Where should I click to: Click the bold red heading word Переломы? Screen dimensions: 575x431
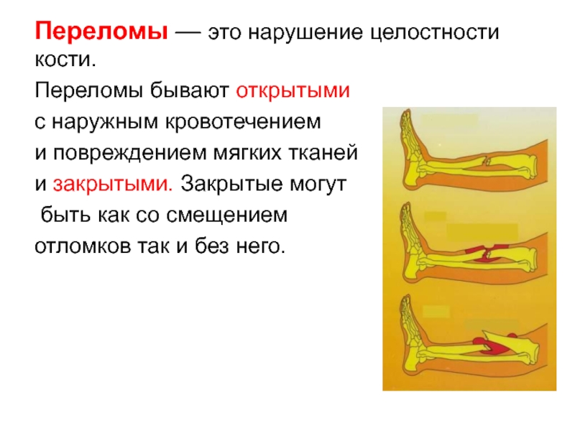[101, 32]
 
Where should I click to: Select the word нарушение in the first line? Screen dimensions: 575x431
[306, 33]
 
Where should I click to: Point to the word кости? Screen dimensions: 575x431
[65, 60]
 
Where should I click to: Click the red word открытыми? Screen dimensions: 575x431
[293, 91]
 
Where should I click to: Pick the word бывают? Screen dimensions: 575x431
[189, 91]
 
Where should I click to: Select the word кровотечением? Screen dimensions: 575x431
[243, 122]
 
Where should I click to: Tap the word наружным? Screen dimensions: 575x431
[106, 123]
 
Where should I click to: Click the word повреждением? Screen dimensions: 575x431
[130, 154]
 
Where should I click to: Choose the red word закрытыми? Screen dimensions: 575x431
[113, 185]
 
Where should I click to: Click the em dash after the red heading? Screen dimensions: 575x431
[188, 33]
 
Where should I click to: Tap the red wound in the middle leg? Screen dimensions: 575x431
[484, 254]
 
